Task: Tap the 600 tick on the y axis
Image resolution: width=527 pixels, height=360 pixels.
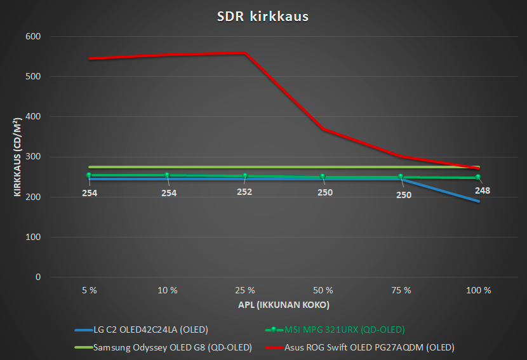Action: [32, 37]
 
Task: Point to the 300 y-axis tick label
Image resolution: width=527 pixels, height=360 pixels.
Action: [32, 157]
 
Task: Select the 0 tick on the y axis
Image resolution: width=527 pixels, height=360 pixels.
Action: [37, 277]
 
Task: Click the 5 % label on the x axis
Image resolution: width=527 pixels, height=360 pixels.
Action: [90, 290]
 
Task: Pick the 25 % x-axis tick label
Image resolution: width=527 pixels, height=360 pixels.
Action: [245, 290]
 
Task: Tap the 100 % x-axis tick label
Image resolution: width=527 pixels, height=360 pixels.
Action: [479, 290]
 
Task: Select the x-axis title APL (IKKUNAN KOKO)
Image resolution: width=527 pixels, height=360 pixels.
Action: [284, 305]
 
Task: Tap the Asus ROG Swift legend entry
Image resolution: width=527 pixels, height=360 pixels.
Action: [368, 347]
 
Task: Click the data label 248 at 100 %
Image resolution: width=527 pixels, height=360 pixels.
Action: [482, 190]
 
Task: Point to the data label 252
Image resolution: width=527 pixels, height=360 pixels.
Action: [244, 191]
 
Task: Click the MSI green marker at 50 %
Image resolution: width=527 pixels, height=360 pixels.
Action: [323, 177]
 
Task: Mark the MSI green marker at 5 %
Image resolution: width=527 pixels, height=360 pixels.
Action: [90, 175]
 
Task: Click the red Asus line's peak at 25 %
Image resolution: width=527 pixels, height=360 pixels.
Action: [245, 53]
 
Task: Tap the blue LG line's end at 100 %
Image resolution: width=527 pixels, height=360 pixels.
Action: [479, 201]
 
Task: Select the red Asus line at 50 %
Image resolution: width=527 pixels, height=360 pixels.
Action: [323, 129]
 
